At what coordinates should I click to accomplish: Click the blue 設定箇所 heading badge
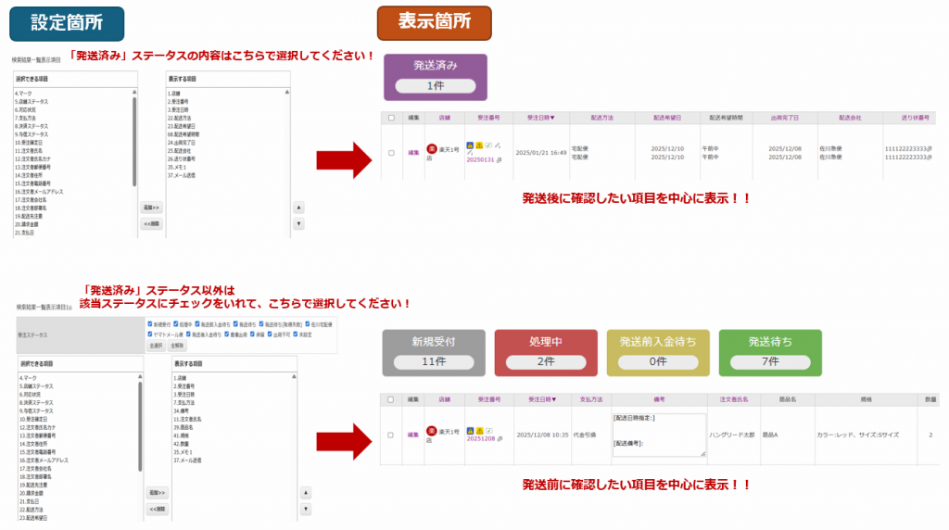click(x=66, y=21)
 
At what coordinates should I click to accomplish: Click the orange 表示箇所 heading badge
click(x=434, y=21)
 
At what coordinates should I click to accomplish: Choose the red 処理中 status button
click(x=546, y=350)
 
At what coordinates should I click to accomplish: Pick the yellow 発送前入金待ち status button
click(x=658, y=350)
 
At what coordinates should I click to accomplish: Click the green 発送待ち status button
click(x=770, y=350)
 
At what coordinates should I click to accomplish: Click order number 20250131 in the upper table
click(x=480, y=159)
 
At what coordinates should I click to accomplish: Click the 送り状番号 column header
click(x=917, y=118)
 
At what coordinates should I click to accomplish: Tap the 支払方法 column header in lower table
click(x=590, y=399)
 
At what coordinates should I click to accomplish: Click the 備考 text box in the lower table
click(x=658, y=434)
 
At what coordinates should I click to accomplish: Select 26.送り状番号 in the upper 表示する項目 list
click(x=182, y=158)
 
